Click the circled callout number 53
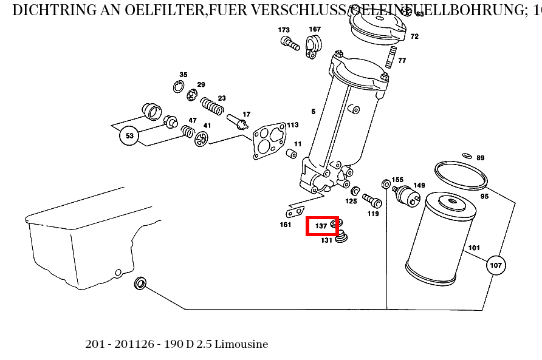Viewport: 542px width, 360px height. [x=129, y=136]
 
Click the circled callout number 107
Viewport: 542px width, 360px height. [x=496, y=265]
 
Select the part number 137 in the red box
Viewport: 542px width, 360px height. [x=321, y=226]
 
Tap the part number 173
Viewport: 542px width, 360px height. [x=284, y=30]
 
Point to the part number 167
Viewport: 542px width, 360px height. [x=315, y=29]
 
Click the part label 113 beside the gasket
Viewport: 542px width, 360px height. [x=293, y=125]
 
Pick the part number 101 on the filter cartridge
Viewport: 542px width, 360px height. [x=474, y=248]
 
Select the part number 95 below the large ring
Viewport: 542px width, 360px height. [x=484, y=196]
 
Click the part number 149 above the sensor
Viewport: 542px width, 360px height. [x=419, y=185]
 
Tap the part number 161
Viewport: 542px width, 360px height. [x=286, y=225]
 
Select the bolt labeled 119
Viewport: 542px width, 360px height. [x=371, y=199]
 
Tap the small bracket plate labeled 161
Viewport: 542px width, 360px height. [x=295, y=212]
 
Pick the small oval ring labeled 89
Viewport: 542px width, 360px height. [x=467, y=156]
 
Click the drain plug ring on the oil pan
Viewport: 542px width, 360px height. [x=140, y=283]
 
